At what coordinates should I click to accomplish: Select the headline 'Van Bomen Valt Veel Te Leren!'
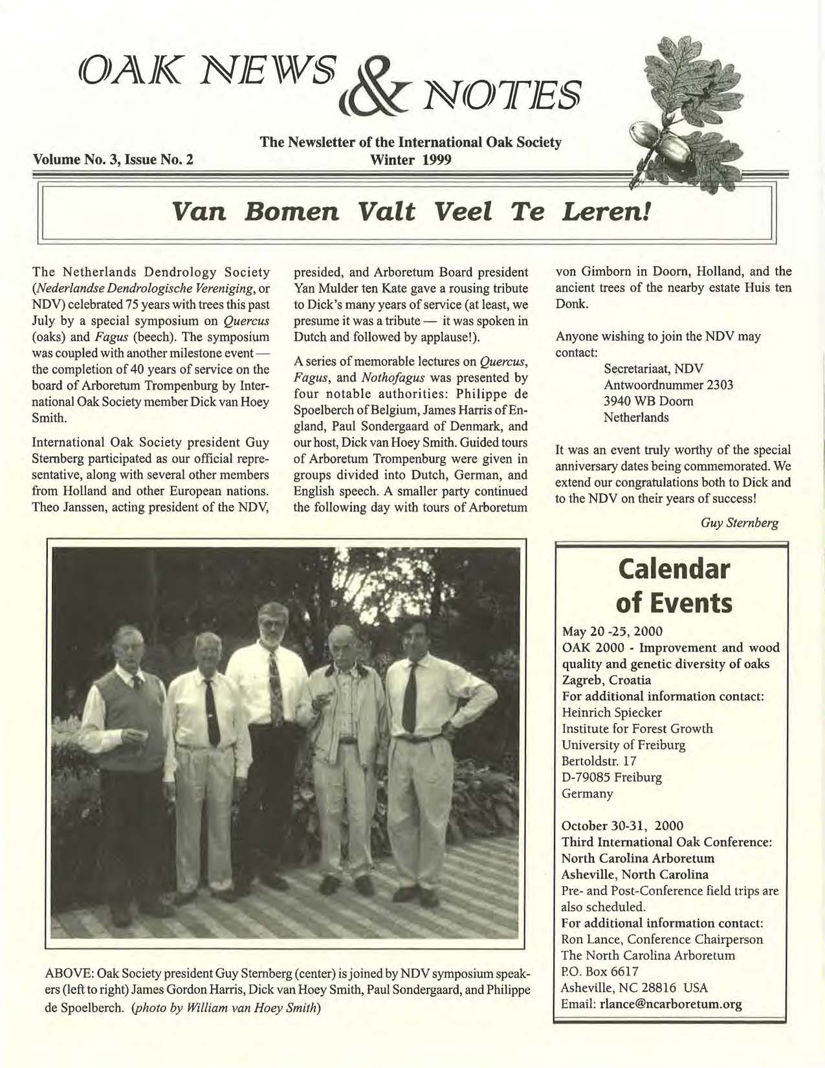click(408, 213)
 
